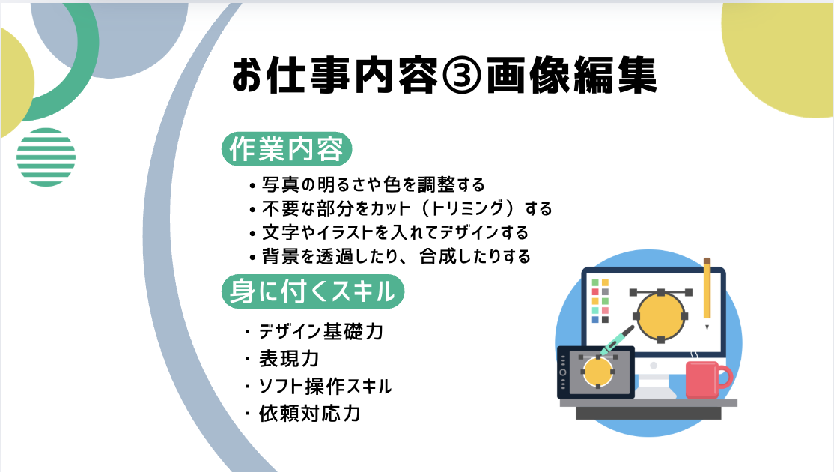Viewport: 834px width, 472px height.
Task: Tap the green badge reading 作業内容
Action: click(x=287, y=149)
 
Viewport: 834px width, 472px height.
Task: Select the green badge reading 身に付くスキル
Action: click(x=313, y=291)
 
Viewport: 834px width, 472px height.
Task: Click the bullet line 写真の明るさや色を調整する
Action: click(x=367, y=184)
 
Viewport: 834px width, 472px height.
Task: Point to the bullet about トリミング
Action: click(x=401, y=208)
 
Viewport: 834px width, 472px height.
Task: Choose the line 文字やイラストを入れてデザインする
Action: click(x=389, y=232)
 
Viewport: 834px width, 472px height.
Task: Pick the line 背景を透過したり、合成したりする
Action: click(x=390, y=257)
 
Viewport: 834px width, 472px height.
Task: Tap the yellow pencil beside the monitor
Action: click(x=707, y=294)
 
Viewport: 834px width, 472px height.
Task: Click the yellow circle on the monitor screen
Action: click(x=660, y=317)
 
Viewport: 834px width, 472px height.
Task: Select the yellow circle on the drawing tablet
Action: click(x=597, y=372)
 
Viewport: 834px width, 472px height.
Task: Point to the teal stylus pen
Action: click(x=618, y=340)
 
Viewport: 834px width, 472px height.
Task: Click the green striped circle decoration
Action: click(x=46, y=157)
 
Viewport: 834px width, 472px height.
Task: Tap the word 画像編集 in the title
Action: click(x=572, y=76)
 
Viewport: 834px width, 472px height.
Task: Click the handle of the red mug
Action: click(x=725, y=378)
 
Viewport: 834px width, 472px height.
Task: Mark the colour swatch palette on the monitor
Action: click(x=600, y=301)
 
